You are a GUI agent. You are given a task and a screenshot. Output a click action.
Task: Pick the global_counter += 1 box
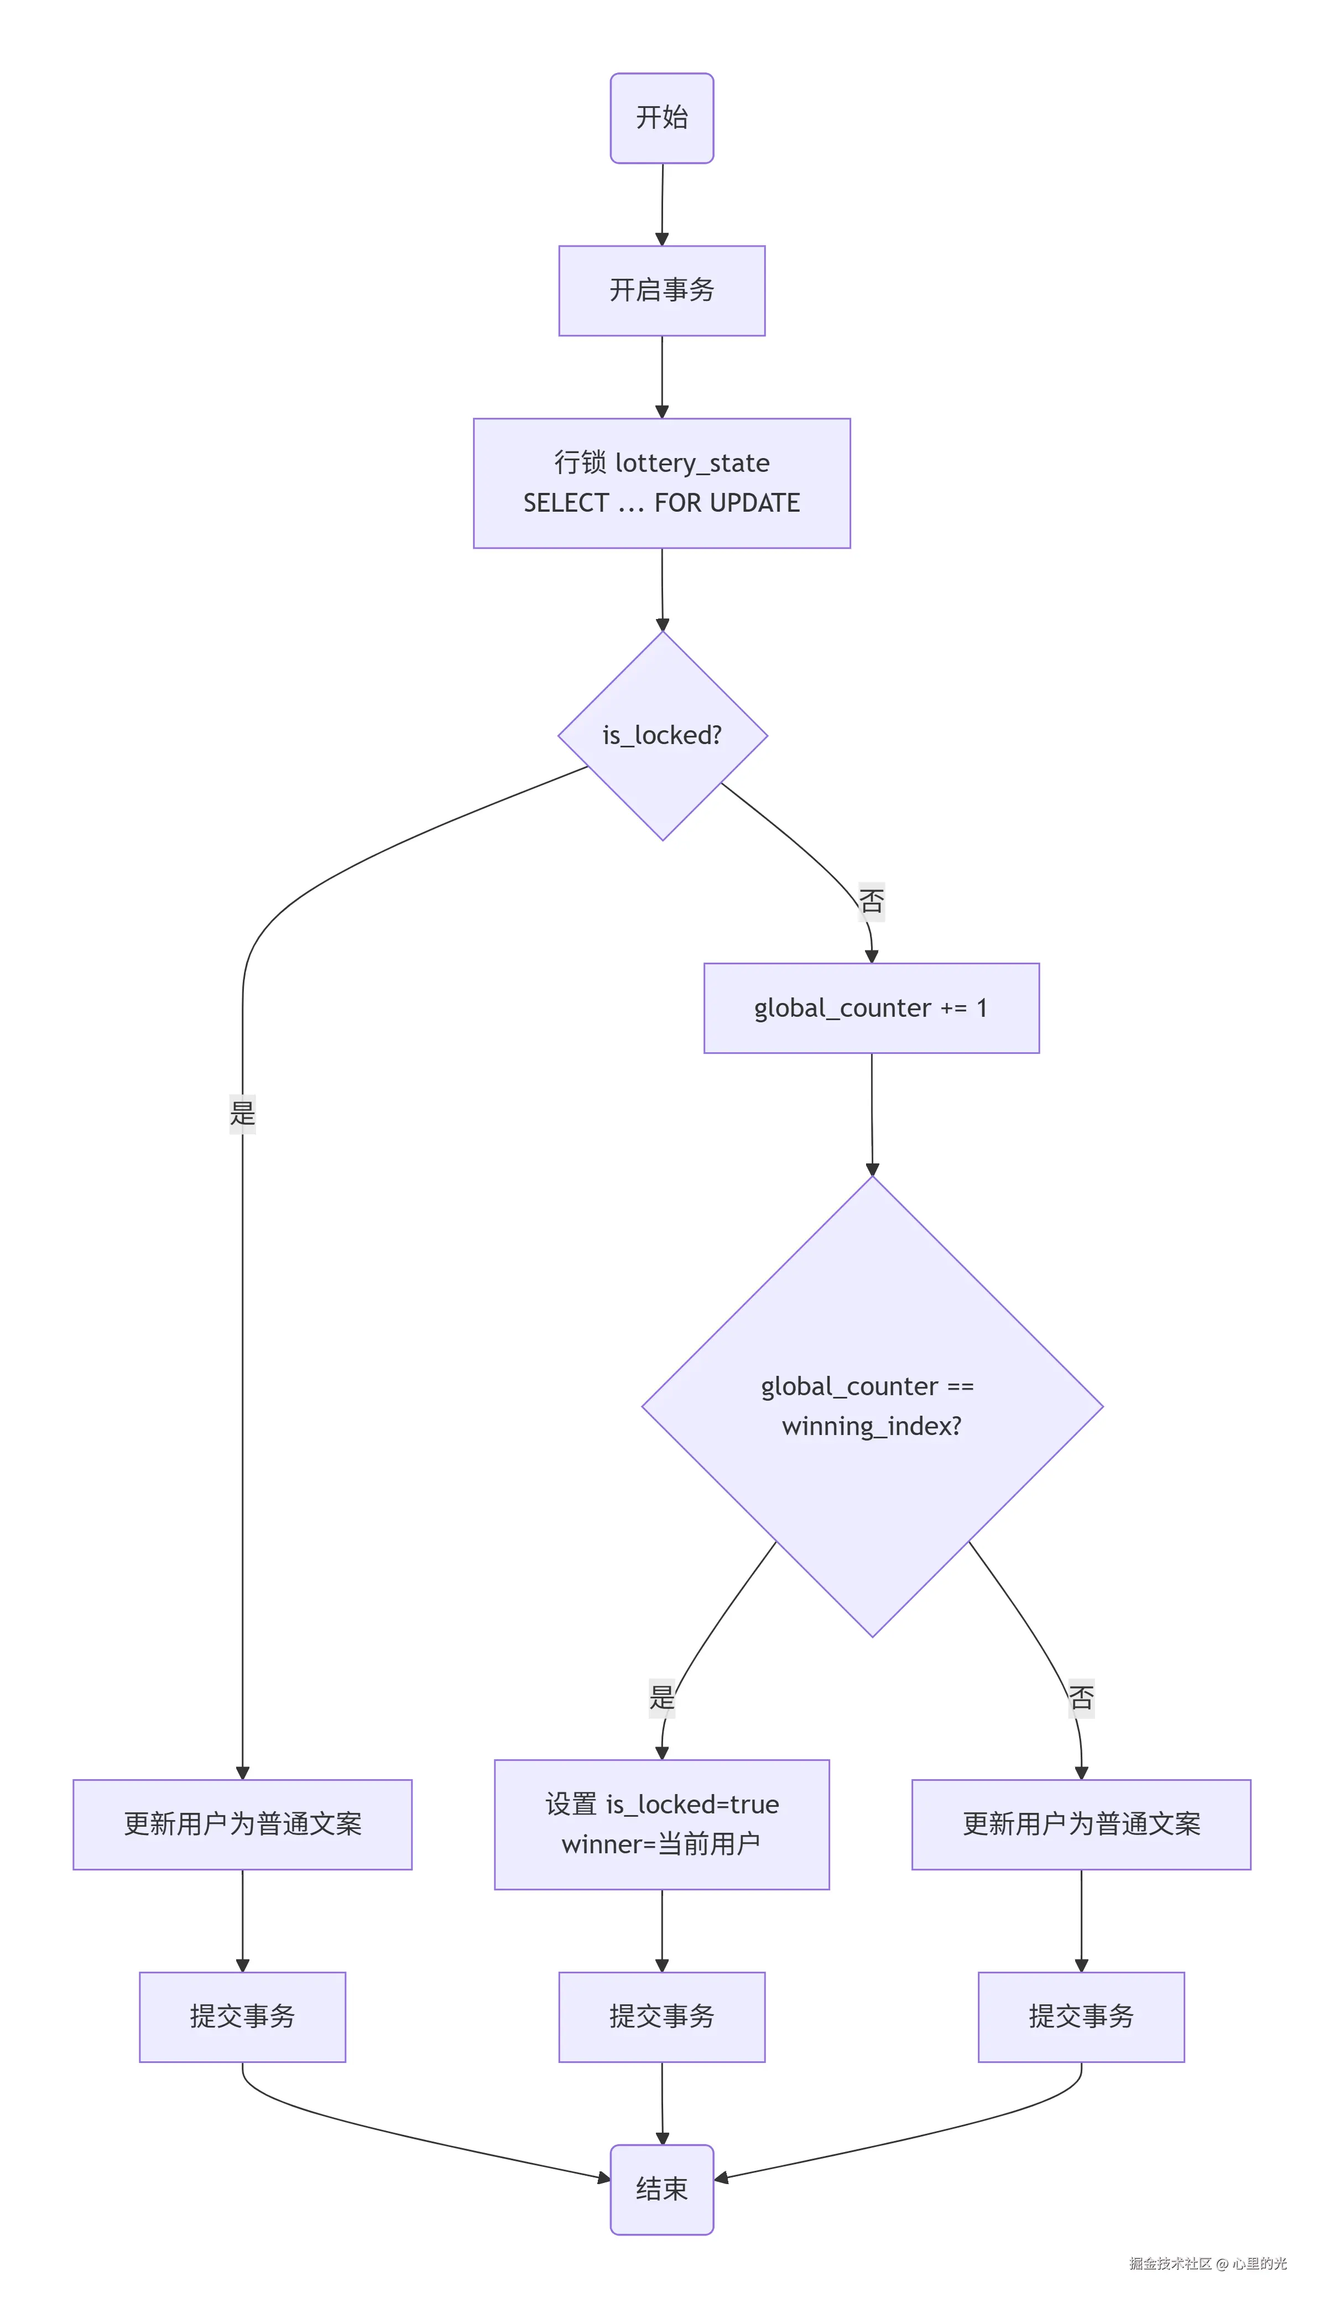click(870, 1007)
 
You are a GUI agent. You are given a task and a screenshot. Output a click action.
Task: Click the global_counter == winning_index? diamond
click(871, 1406)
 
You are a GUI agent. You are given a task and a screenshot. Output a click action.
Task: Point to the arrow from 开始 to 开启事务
click(662, 205)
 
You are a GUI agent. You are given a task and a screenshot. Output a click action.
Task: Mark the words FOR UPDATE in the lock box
click(727, 503)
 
